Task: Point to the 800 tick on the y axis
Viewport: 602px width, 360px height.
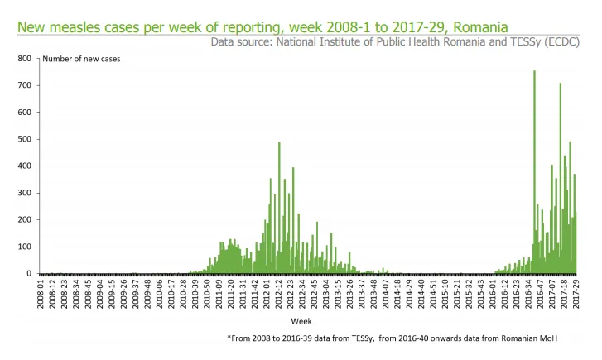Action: click(26, 59)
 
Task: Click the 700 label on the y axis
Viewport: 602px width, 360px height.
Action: click(26, 86)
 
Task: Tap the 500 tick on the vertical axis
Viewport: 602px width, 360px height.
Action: click(26, 140)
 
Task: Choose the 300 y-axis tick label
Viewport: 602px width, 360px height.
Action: click(26, 194)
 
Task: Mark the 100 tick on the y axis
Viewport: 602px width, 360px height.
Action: click(26, 247)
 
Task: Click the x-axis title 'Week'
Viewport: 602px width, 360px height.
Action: click(301, 319)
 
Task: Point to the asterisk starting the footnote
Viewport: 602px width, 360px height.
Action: click(229, 338)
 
